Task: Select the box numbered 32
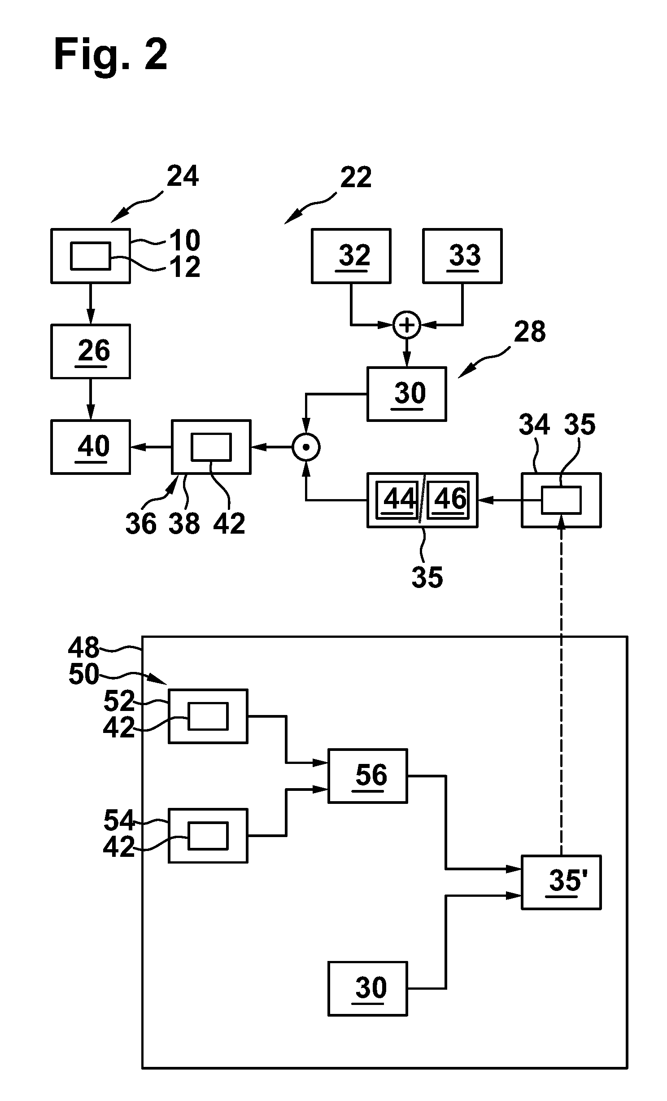(351, 256)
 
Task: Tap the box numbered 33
(462, 256)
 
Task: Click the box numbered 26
(91, 351)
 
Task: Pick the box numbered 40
(91, 447)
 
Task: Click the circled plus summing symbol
(407, 325)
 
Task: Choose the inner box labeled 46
(448, 500)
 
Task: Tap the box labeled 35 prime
(561, 882)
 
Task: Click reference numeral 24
(183, 176)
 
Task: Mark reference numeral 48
(84, 648)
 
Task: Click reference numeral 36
(141, 524)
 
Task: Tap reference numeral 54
(119, 820)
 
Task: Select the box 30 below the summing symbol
(407, 394)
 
